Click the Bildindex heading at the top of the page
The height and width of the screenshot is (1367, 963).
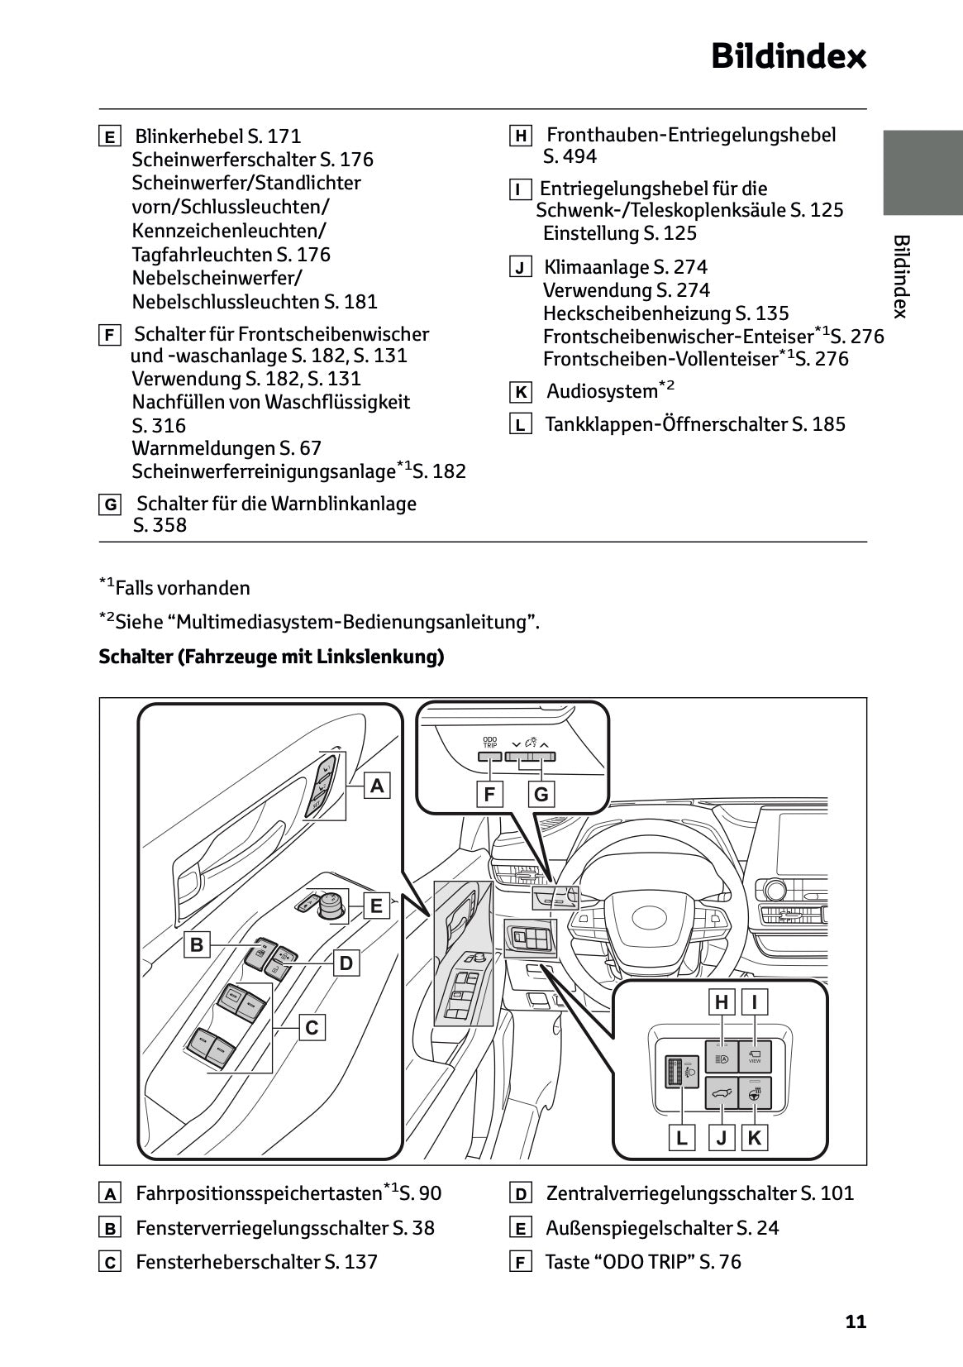(x=788, y=56)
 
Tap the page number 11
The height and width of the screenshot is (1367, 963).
(x=856, y=1321)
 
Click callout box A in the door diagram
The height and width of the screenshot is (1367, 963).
(x=377, y=786)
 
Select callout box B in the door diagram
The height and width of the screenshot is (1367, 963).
(x=197, y=944)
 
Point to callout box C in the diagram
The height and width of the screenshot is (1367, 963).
(x=312, y=1028)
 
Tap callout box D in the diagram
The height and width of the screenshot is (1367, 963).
(x=346, y=963)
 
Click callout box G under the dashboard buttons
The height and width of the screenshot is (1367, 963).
(x=541, y=795)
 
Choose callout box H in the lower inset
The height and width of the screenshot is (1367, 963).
(x=722, y=1002)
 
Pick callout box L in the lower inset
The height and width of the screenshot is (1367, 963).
(x=682, y=1138)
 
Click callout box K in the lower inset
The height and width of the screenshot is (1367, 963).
(x=754, y=1138)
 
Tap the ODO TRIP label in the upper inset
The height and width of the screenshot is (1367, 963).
(x=490, y=742)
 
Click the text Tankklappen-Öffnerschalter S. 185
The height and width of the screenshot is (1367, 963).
(x=694, y=424)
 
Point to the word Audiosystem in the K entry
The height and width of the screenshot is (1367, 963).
(x=601, y=391)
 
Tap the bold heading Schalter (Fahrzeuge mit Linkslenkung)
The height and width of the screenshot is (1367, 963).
(x=271, y=657)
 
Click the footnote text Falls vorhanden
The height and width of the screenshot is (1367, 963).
(x=182, y=588)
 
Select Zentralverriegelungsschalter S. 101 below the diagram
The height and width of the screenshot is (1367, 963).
(x=699, y=1193)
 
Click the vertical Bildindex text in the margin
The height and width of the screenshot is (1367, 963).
(x=902, y=276)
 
